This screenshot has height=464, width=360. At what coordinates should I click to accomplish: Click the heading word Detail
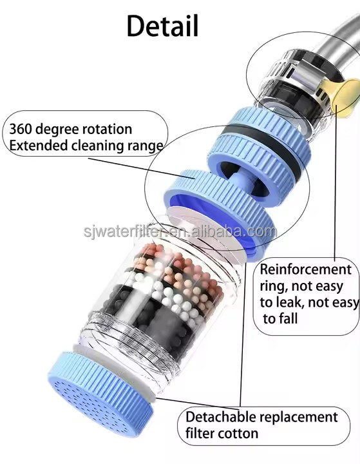tap(162, 26)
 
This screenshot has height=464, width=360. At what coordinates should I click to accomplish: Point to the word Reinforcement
tap(305, 269)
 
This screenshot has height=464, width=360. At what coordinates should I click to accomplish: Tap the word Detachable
tap(221, 417)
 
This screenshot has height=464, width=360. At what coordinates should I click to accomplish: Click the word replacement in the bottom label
tap(299, 418)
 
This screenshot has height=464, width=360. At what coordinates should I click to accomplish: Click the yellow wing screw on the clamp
tap(346, 96)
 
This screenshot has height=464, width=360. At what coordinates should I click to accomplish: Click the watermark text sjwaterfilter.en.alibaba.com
tap(180, 231)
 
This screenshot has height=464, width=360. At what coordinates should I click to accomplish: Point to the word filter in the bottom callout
tap(200, 434)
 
